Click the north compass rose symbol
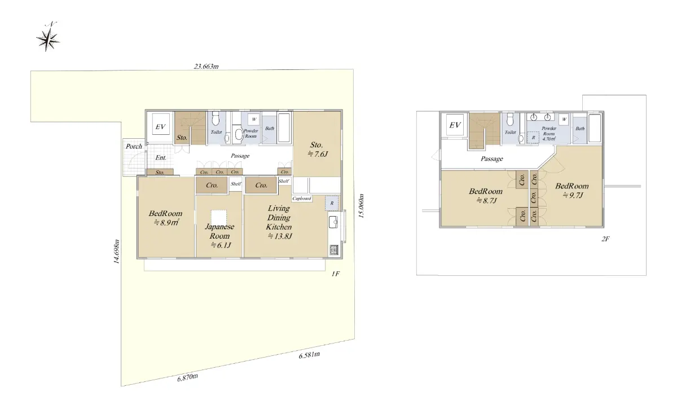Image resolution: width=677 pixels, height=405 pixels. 48,39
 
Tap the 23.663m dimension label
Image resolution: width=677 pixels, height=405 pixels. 206,66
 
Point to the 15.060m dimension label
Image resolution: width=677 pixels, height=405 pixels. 361,206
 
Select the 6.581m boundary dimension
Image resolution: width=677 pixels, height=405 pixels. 309,355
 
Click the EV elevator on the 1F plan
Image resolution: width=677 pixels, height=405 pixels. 160,127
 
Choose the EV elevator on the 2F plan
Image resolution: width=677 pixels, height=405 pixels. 455,125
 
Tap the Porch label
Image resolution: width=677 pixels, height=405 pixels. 134,146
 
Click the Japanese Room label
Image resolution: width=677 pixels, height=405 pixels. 219,231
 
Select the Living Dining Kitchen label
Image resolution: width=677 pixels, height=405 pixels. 279,218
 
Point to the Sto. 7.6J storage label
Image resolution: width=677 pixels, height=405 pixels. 317,149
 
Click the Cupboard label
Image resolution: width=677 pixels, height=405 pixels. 302,199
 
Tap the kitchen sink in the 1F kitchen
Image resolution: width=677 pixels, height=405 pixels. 333,222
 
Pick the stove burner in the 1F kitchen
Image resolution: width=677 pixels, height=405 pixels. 333,250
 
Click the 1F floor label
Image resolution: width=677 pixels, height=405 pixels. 336,274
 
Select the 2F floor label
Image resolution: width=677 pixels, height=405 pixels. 605,239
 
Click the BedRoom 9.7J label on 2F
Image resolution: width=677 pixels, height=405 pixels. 572,191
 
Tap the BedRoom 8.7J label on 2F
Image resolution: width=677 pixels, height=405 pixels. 486,196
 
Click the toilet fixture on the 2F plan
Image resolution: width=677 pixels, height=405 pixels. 511,120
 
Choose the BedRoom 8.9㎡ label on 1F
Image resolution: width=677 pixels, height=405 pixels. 165,218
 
